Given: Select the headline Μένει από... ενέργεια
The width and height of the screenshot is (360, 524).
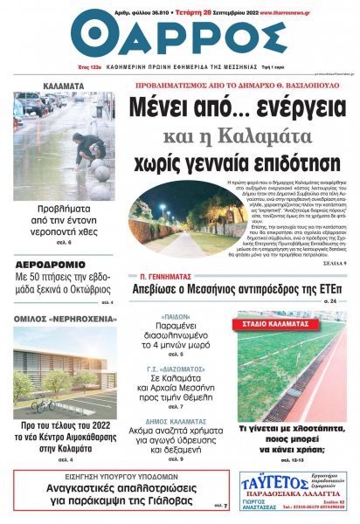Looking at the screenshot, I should (x=236, y=109).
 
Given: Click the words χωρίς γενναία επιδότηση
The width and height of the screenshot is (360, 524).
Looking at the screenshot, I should (x=236, y=162).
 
